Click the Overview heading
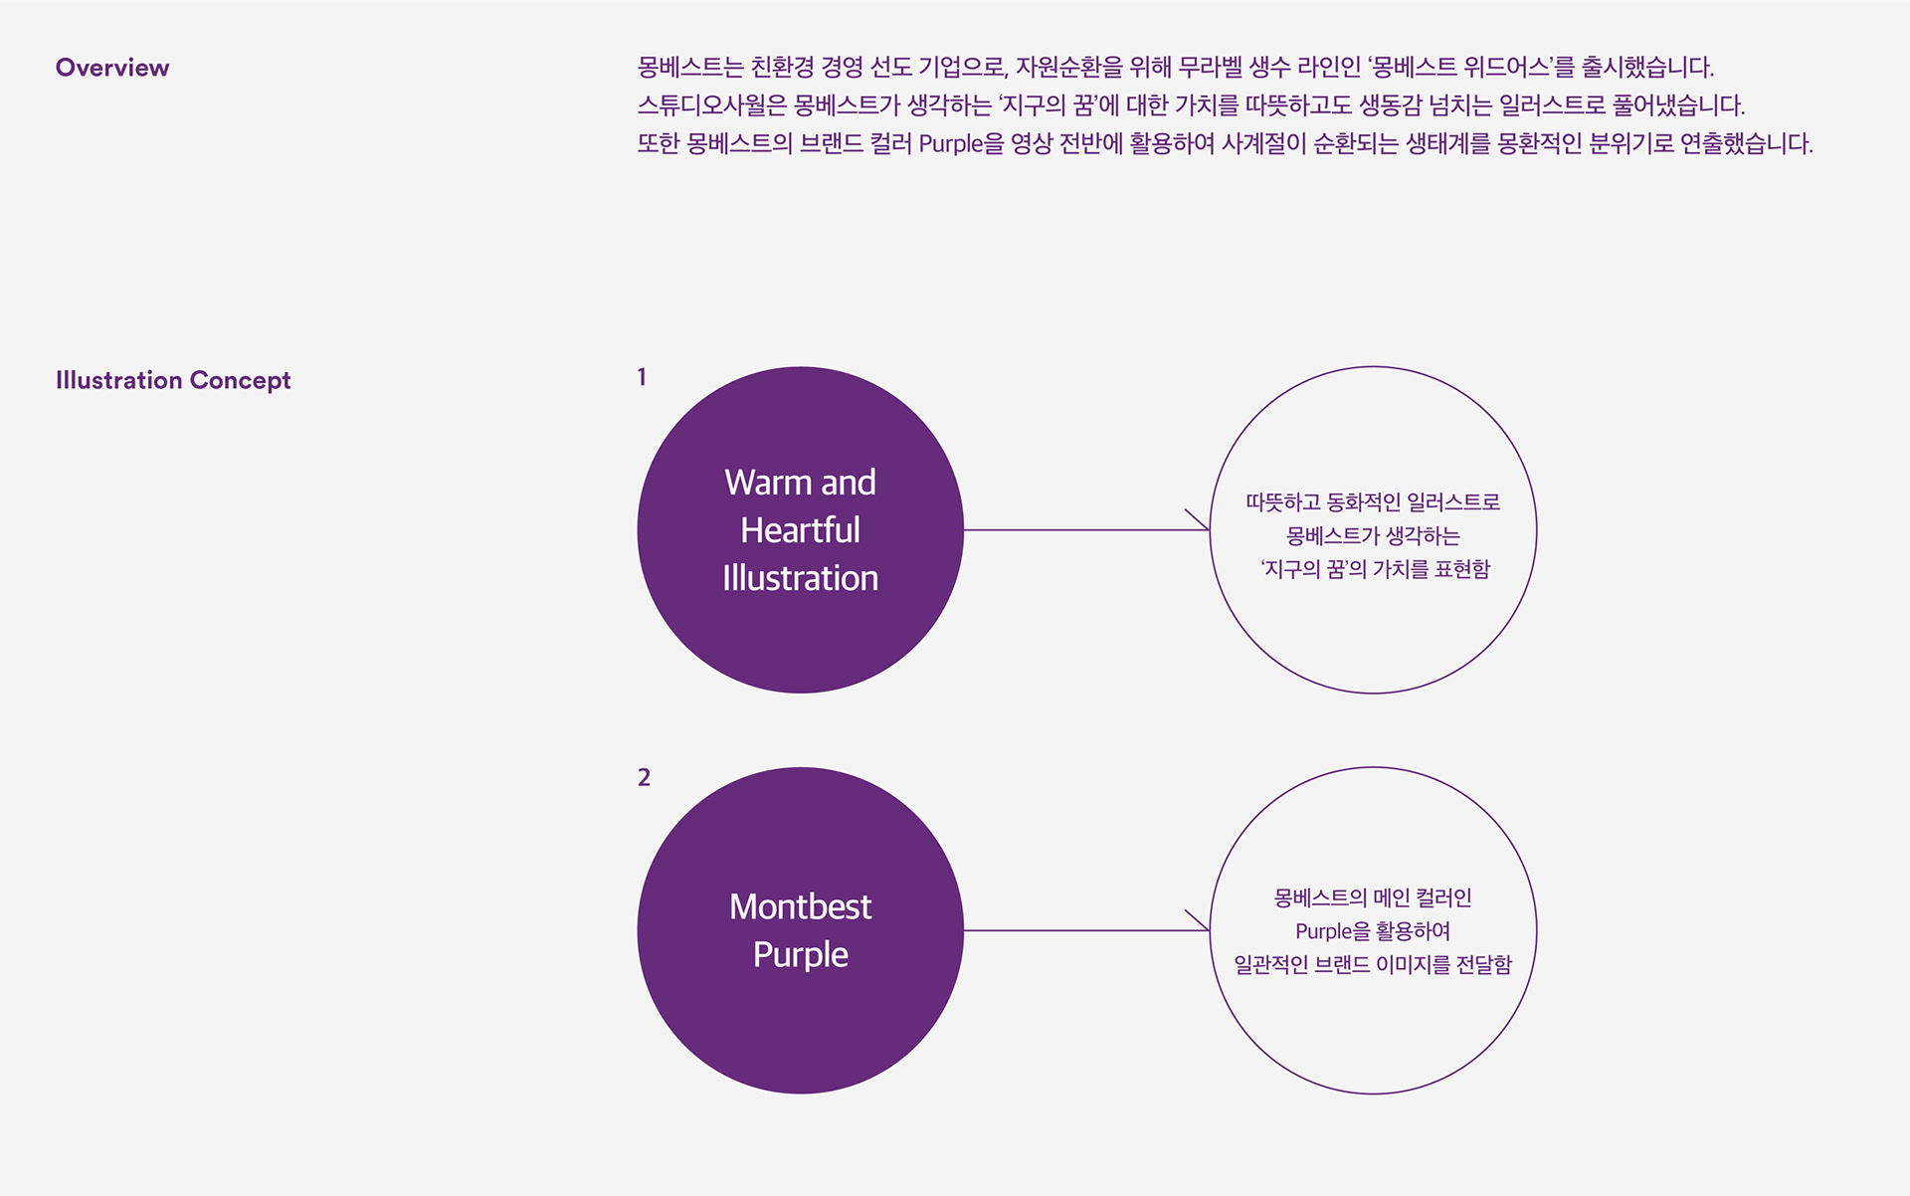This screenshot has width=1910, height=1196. coord(112,68)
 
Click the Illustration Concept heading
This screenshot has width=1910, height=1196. coord(173,380)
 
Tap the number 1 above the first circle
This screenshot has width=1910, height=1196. coord(642,377)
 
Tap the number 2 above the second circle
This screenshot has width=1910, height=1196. coord(644,777)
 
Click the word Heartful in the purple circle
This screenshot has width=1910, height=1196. coord(800,530)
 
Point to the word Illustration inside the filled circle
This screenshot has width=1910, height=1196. coord(800,578)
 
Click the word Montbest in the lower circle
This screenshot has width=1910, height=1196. coord(800,906)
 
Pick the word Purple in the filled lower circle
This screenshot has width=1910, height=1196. coord(800,954)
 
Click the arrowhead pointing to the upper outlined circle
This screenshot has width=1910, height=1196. coord(1201,523)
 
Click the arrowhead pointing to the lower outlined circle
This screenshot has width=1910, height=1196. coord(1201,924)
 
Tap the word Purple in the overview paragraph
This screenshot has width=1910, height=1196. coord(951,143)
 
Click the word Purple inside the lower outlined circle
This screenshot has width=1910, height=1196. coord(1323,931)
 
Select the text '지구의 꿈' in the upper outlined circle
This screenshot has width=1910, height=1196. coord(1302,569)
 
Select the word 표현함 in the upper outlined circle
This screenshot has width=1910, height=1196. coord(1461,569)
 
